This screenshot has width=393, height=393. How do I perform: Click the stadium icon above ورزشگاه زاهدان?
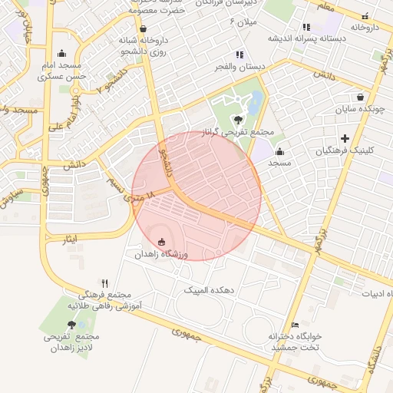[x=161, y=243]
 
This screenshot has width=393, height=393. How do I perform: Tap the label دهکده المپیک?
[x=206, y=289]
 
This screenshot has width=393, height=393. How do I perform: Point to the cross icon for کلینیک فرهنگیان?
[x=345, y=139]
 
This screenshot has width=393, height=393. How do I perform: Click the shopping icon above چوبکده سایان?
[x=360, y=97]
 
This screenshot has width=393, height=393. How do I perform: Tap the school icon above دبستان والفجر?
[x=240, y=54]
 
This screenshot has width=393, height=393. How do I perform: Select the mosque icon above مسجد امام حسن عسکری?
[x=61, y=54]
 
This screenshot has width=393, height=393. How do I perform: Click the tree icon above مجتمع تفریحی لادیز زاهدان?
[x=71, y=325]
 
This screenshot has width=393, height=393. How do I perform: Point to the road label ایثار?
[x=71, y=239]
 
